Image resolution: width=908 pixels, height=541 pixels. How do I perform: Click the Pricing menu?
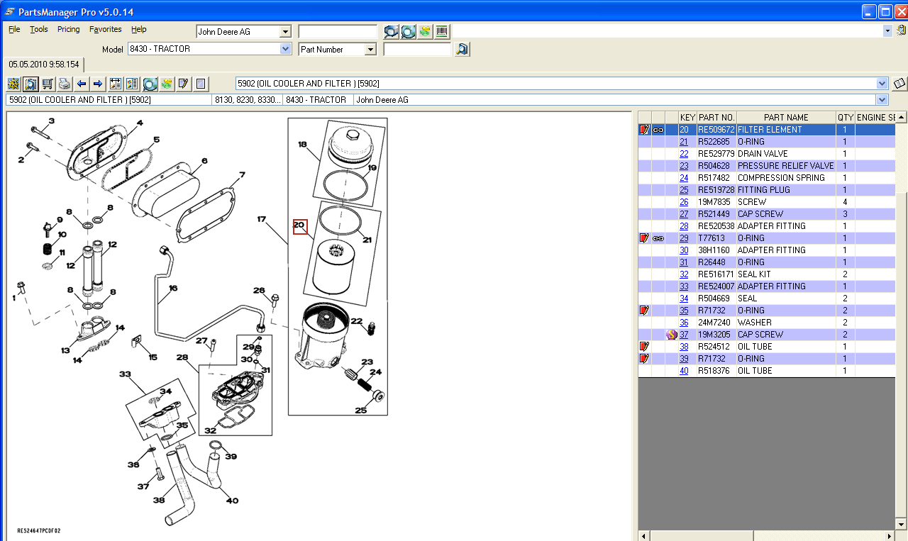point(69,29)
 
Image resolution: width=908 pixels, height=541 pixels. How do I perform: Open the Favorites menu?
point(106,29)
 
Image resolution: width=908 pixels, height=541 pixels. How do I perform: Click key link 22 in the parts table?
point(684,154)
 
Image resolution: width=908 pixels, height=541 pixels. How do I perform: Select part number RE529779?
point(716,154)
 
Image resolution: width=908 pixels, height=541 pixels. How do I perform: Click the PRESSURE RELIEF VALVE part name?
point(785,166)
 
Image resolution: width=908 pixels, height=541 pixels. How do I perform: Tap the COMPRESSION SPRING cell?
point(781,178)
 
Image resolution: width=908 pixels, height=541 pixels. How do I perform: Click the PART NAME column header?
point(786,118)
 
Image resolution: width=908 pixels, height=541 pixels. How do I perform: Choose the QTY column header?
point(846,118)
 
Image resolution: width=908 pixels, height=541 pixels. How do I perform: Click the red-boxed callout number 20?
point(300,226)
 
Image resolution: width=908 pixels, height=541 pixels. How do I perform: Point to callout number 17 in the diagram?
point(262,219)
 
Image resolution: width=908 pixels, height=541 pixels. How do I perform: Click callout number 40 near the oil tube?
point(232,501)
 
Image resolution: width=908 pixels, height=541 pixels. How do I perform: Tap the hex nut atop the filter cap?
point(353,135)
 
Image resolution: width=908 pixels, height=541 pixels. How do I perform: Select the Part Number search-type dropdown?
point(337,50)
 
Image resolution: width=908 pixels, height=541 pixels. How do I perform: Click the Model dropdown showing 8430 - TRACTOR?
point(209,49)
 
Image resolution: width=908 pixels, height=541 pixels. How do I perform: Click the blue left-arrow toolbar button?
point(82,84)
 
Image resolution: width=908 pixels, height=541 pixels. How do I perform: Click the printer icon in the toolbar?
point(65,84)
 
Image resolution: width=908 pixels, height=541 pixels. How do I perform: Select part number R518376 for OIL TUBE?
point(714,371)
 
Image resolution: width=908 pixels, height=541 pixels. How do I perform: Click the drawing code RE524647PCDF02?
point(39,530)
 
